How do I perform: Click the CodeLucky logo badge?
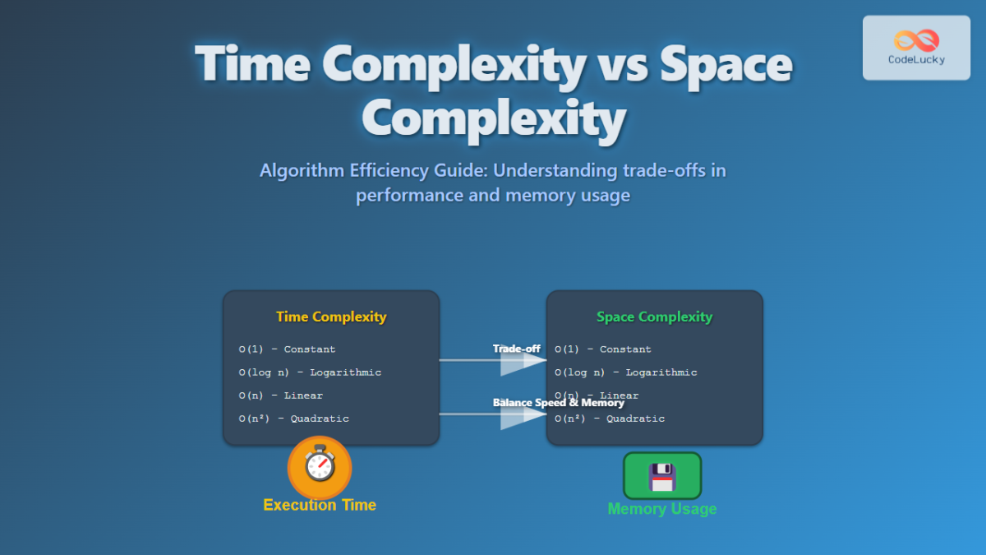tap(916, 48)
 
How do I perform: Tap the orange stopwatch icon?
tap(320, 466)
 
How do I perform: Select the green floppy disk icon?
tap(661, 475)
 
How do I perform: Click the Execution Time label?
tap(320, 505)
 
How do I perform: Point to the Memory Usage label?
tap(661, 509)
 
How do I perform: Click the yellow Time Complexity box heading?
tap(331, 317)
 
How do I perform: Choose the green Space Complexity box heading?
tap(654, 317)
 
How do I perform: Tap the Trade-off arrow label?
tap(517, 349)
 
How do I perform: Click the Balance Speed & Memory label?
tap(559, 403)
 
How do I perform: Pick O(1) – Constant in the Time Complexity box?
tap(287, 349)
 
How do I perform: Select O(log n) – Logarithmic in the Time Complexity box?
tap(310, 372)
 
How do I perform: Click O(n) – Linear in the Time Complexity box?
tap(280, 395)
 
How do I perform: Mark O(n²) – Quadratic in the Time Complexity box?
tap(293, 419)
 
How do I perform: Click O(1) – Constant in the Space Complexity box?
tap(602, 349)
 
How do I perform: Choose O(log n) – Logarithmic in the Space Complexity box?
tap(625, 372)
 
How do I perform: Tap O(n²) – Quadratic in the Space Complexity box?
tap(609, 419)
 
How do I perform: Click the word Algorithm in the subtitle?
tap(299, 171)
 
